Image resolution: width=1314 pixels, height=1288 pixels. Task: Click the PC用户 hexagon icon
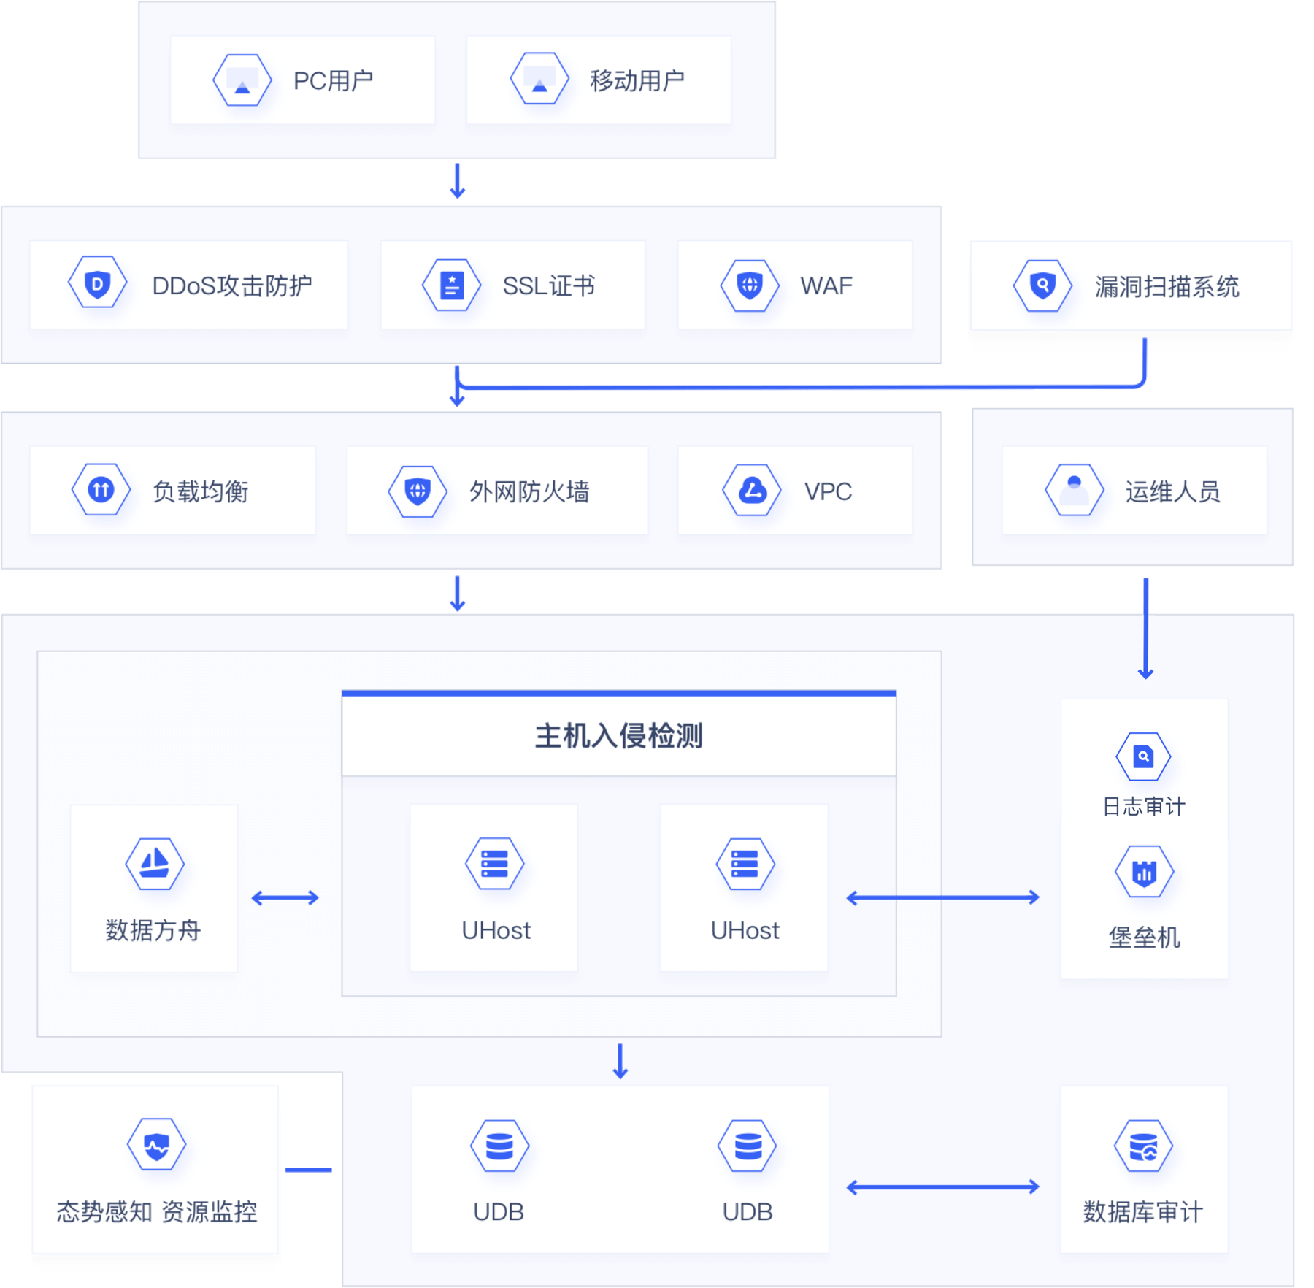click(242, 80)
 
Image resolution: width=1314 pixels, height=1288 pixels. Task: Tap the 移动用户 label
click(637, 80)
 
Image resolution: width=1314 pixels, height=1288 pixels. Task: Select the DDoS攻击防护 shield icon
click(97, 283)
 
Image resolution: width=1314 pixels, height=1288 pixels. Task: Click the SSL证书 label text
click(548, 285)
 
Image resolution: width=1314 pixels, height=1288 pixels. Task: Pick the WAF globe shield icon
click(749, 285)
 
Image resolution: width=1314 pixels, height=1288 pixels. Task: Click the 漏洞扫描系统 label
click(1167, 286)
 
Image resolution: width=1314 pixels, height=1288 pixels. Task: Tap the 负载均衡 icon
click(101, 489)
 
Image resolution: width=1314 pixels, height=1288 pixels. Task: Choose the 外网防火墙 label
click(529, 491)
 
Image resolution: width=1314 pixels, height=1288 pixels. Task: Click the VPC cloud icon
click(752, 490)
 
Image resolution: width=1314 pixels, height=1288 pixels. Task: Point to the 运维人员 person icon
click(1074, 490)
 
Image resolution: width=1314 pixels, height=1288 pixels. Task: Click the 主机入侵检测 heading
click(618, 736)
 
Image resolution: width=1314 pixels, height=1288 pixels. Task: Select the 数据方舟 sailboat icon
click(155, 864)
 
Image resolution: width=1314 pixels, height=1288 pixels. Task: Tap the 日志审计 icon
click(1143, 756)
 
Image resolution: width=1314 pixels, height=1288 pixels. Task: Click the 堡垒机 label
click(1144, 937)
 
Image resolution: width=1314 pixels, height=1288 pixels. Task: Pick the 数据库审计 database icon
click(1143, 1146)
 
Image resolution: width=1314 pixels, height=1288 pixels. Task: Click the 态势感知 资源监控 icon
click(156, 1145)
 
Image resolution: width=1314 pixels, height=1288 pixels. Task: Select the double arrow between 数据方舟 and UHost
click(285, 897)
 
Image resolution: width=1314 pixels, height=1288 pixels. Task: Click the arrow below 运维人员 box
click(1145, 628)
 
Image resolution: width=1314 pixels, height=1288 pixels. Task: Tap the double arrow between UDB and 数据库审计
click(942, 1187)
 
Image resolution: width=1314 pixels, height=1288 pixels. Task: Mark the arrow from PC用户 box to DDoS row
click(458, 181)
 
